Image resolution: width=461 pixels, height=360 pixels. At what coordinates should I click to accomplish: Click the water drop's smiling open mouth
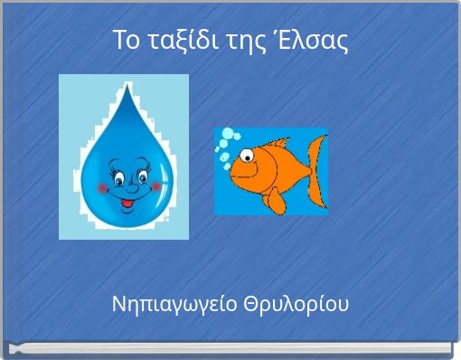[128, 202]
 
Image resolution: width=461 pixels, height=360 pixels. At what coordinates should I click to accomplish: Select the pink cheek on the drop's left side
[101, 187]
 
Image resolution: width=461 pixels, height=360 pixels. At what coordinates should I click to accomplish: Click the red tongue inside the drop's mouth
[128, 206]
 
